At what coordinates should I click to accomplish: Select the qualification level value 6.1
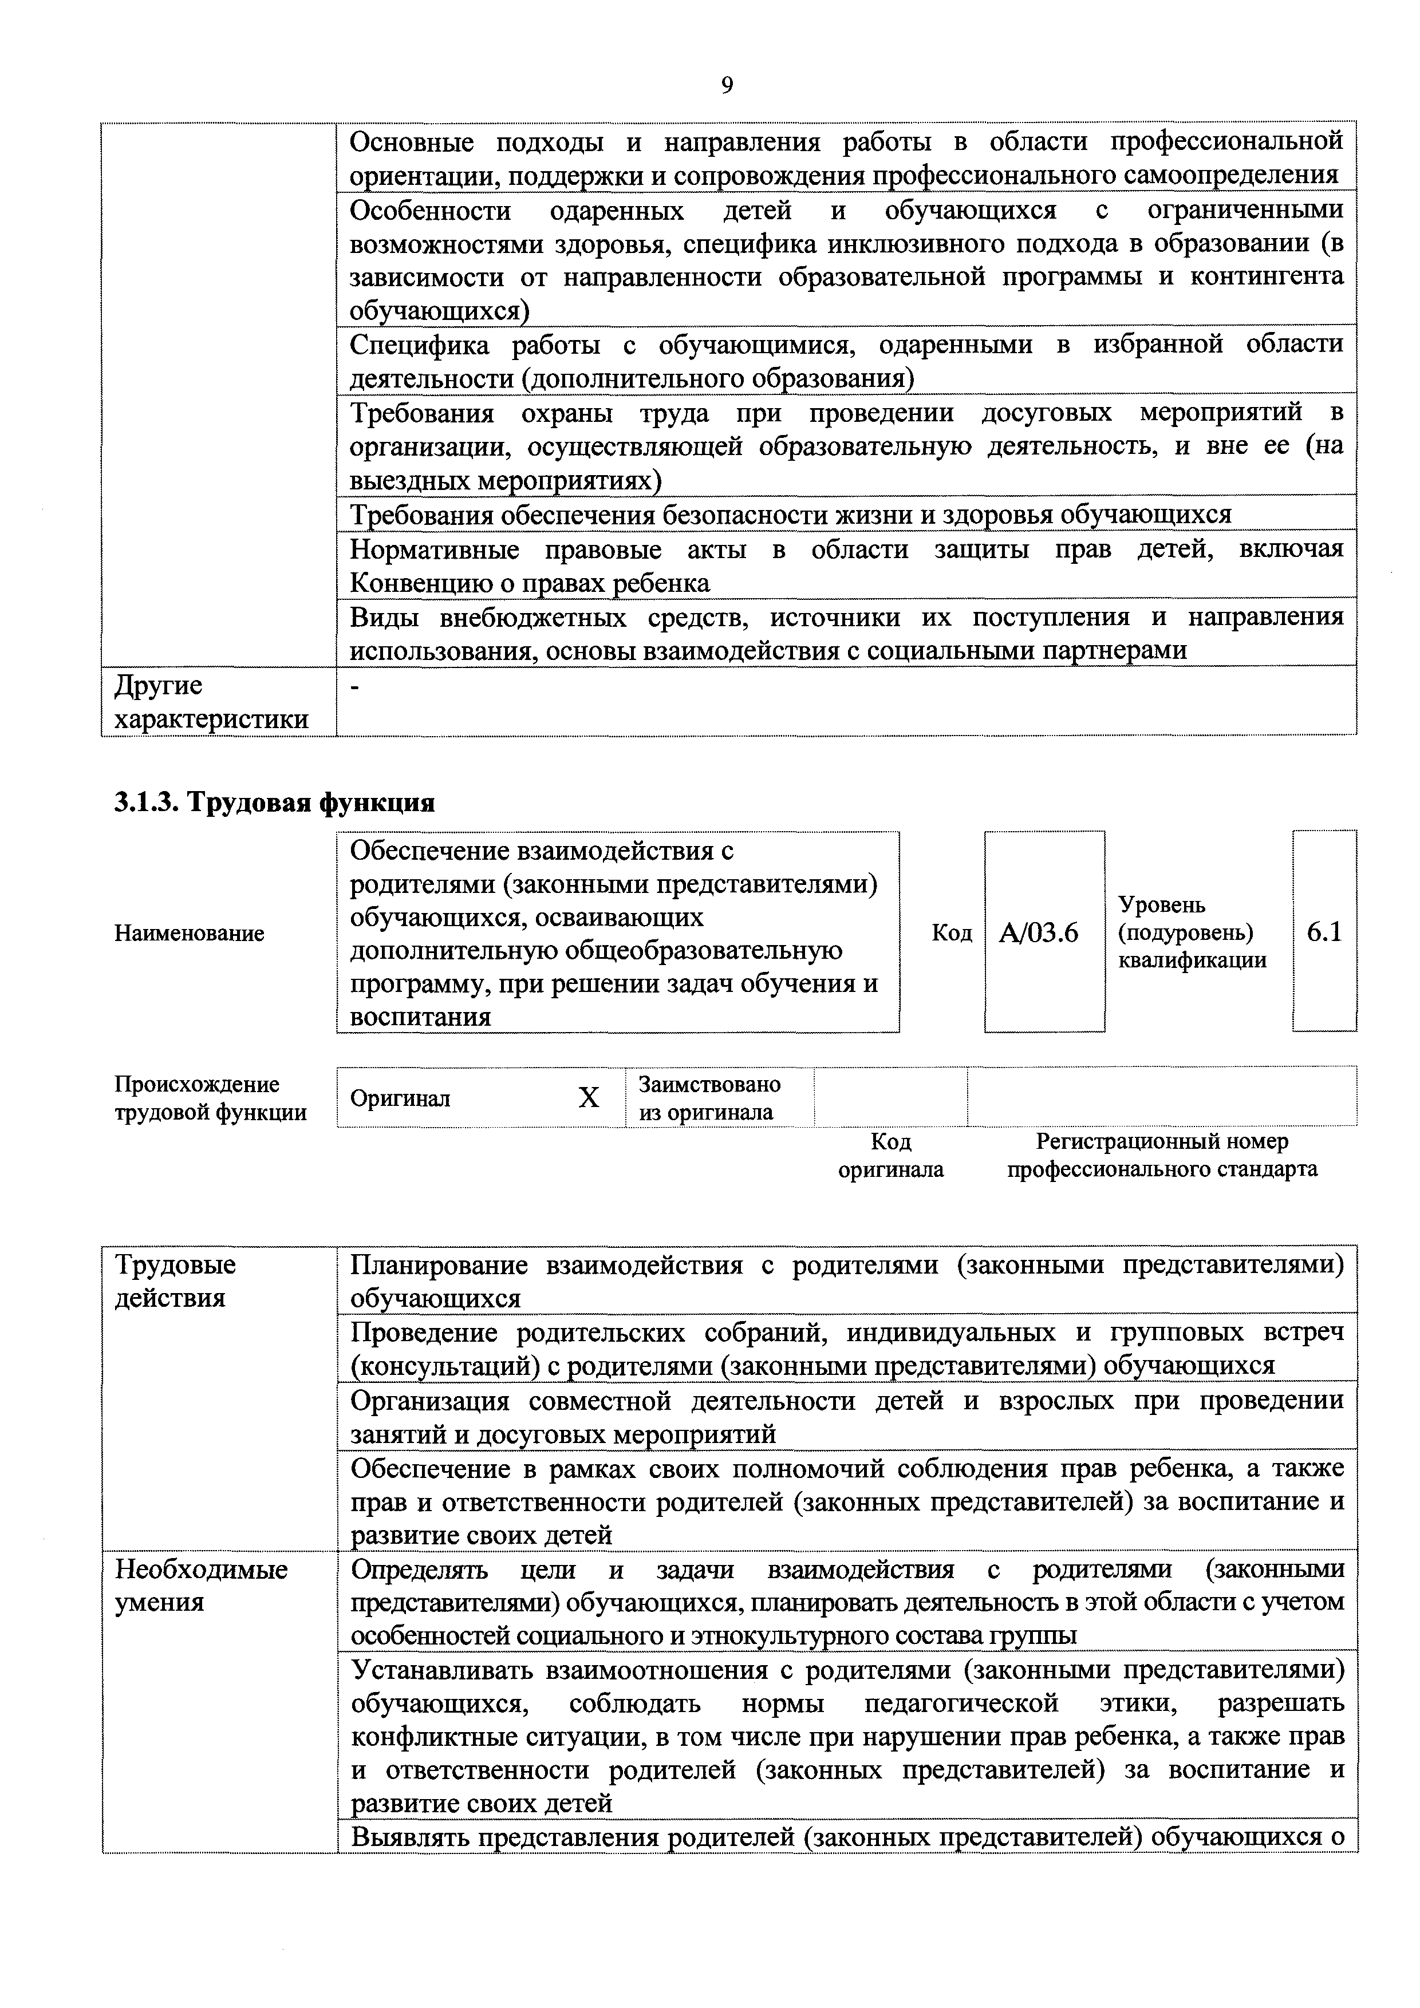(1324, 932)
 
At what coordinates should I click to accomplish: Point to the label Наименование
(189, 933)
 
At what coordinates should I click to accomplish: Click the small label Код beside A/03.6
(952, 933)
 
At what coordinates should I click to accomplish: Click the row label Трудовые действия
(175, 1280)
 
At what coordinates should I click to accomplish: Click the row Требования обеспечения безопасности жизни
(790, 514)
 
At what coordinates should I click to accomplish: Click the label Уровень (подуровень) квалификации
(1192, 932)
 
